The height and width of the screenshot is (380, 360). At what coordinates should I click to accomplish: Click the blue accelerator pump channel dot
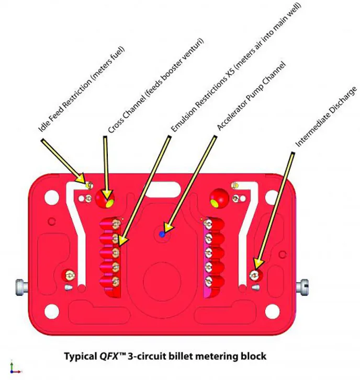point(162,234)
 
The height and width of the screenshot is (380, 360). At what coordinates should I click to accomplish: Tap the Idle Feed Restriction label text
point(82,89)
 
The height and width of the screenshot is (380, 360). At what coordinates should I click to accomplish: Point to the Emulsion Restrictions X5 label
point(236,67)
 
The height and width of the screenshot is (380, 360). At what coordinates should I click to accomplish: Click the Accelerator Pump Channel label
point(251,96)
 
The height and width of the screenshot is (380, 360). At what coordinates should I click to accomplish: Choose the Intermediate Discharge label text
point(327,117)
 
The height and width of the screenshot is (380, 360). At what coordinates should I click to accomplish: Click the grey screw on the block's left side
point(22,287)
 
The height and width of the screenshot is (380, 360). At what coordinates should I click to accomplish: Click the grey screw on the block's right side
point(302,287)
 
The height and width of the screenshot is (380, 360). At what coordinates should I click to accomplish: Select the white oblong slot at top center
point(163,189)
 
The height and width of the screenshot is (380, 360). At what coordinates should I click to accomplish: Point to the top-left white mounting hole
point(52,197)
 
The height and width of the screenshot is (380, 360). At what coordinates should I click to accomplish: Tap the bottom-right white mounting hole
point(273,312)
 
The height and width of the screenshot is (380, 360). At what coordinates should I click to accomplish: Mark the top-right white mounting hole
point(272,197)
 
